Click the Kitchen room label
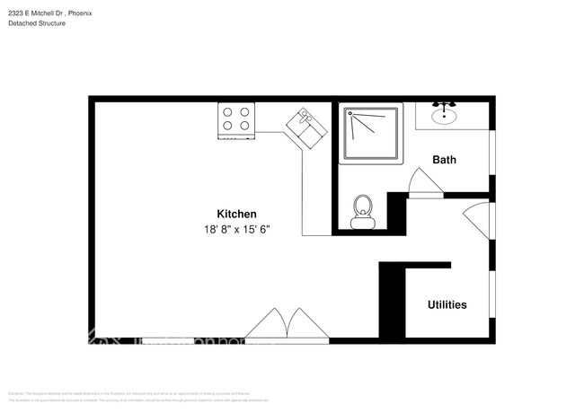point(237,214)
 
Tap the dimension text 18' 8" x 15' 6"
point(237,230)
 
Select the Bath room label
point(444,160)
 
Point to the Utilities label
point(447,305)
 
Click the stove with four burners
point(237,121)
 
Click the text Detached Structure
point(37,23)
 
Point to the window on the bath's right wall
point(491,153)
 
